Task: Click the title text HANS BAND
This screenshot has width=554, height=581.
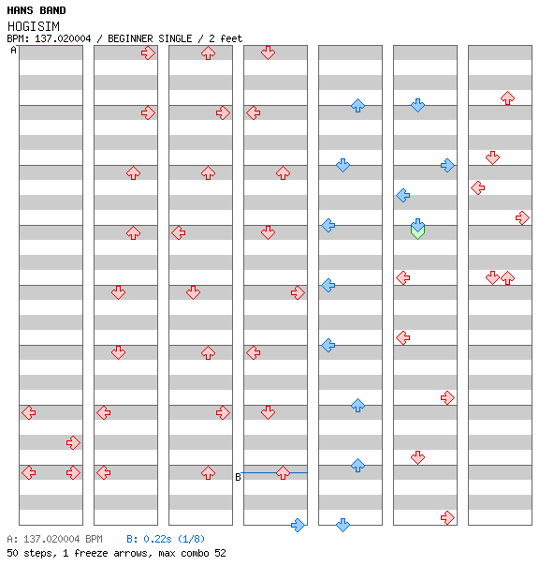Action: click(x=36, y=10)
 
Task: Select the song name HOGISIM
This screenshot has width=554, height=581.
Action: click(x=34, y=26)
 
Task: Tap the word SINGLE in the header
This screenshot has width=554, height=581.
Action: click(x=175, y=38)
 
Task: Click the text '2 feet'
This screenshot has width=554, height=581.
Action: click(x=226, y=38)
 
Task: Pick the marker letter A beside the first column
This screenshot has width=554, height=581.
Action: click(x=14, y=50)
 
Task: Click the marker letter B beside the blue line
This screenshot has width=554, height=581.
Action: click(x=238, y=477)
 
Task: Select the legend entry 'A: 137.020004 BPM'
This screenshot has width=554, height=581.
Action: click(x=55, y=539)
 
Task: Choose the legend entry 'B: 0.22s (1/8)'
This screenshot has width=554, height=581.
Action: click(x=166, y=539)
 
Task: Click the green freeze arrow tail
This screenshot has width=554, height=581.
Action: click(x=417, y=233)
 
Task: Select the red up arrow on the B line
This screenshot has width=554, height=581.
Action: click(x=283, y=473)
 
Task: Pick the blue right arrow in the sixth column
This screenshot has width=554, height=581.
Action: click(x=447, y=165)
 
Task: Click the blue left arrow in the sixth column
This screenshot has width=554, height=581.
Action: click(x=402, y=195)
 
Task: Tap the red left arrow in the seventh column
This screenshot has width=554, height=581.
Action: click(x=478, y=187)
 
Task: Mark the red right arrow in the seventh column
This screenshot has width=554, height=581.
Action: click(x=522, y=217)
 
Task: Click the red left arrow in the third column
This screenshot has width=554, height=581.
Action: click(x=179, y=232)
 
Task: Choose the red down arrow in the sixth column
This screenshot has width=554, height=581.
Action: click(x=417, y=457)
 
